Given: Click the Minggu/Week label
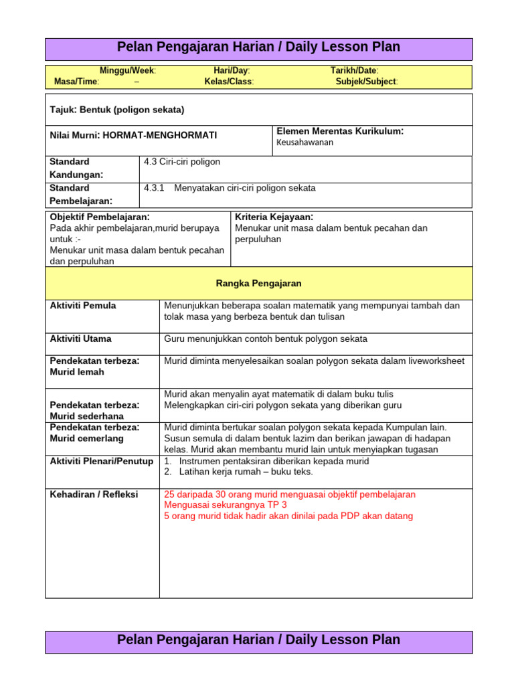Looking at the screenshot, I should point(128,70).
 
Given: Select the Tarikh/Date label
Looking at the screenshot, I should point(354,70).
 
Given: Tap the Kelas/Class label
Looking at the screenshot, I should point(229,82).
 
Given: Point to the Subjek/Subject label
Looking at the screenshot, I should point(366,82).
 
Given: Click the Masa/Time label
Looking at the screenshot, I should point(76,82).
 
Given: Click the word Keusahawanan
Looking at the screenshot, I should point(305,142).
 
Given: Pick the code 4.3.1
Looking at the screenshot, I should point(154,188).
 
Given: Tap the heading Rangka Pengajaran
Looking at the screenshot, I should point(258,284).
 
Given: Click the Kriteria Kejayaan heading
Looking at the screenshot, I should point(274,217).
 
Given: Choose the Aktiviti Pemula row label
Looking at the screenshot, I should point(83,306).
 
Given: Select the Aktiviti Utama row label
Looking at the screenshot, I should point(81,339).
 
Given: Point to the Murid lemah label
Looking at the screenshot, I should point(77,373).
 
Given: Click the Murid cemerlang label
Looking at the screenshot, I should point(86,439).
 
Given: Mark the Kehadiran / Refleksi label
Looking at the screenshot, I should point(94,494).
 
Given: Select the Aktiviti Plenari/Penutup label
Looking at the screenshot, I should point(102,462).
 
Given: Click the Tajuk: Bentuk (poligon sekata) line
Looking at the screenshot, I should point(117,110).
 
